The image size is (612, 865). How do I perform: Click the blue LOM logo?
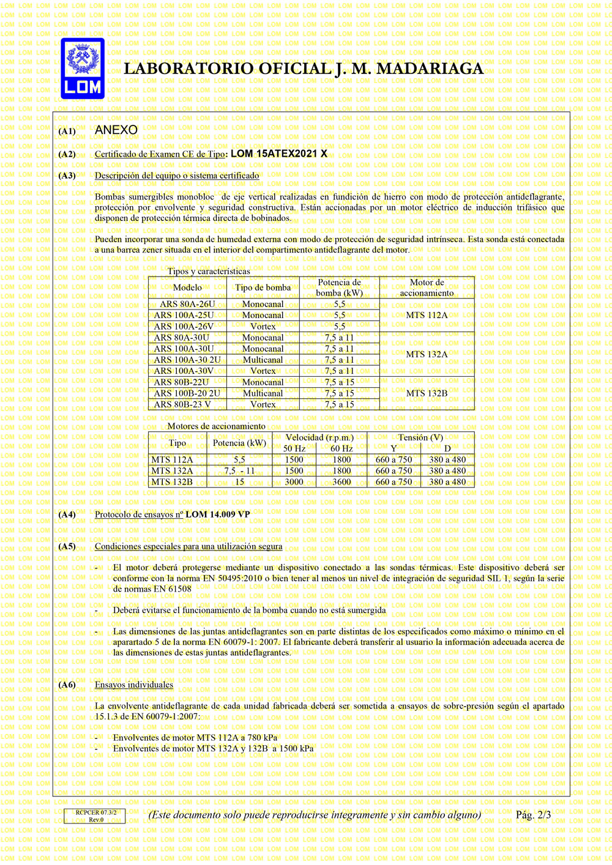click(83, 69)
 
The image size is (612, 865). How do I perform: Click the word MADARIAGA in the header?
click(430, 69)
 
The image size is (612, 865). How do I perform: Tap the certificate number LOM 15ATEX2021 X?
click(278, 154)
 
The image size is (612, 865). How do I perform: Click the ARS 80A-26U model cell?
click(187, 304)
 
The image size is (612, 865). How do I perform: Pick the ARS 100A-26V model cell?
click(184, 327)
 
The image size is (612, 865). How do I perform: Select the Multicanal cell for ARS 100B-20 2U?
click(263, 393)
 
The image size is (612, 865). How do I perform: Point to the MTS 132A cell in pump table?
click(427, 354)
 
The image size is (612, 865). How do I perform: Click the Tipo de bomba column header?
click(263, 288)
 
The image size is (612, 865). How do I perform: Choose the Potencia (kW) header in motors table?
click(239, 443)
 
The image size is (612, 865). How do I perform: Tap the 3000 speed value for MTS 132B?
click(294, 482)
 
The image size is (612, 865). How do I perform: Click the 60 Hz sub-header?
click(341, 448)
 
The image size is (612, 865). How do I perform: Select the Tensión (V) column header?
click(420, 437)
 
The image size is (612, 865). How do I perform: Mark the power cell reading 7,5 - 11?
click(239, 471)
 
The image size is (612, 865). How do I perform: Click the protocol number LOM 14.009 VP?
click(217, 514)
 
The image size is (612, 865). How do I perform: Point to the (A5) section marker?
click(67, 546)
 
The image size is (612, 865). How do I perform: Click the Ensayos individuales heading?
click(133, 685)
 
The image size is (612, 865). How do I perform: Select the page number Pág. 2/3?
click(533, 815)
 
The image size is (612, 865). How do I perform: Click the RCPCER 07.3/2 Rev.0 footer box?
click(95, 816)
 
